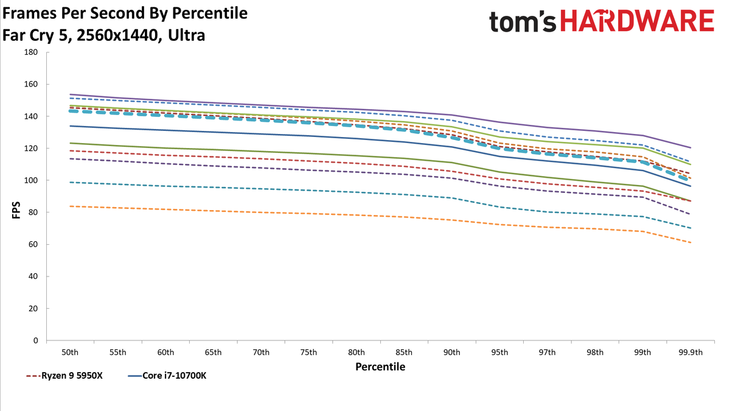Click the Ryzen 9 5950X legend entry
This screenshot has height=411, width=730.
(x=64, y=376)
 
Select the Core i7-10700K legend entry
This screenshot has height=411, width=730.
(x=167, y=376)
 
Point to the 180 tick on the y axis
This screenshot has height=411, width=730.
(x=31, y=52)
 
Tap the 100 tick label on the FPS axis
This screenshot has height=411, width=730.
(x=31, y=180)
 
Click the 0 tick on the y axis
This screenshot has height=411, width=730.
(x=35, y=340)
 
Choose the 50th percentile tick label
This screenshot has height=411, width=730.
(x=70, y=353)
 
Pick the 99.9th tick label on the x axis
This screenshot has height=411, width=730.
(x=690, y=353)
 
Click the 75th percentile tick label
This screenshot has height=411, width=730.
(x=308, y=353)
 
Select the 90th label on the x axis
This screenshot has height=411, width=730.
(x=451, y=353)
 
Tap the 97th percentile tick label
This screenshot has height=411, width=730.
(x=547, y=353)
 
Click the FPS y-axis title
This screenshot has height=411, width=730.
(x=16, y=210)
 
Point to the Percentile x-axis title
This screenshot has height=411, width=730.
(x=380, y=367)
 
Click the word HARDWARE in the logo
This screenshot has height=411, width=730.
(x=638, y=21)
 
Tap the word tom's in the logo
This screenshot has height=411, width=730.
(x=523, y=21)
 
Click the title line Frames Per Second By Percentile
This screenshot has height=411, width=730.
(x=125, y=13)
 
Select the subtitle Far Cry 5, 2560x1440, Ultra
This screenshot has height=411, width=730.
(x=103, y=35)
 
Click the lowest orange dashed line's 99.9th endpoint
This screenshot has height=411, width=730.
(x=690, y=242)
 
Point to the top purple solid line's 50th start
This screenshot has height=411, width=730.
(x=70, y=94)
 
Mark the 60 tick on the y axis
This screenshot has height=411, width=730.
(x=33, y=244)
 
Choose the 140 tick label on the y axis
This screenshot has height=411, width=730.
(x=31, y=116)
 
